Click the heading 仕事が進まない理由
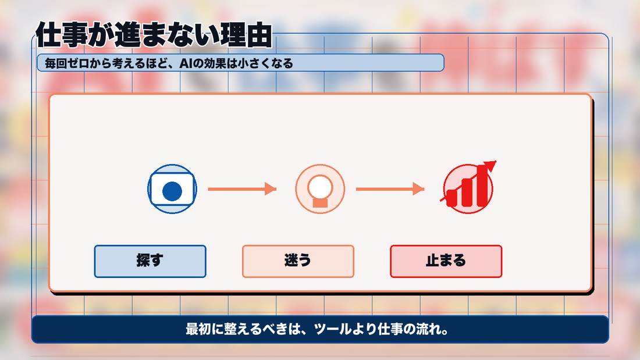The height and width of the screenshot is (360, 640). [x=154, y=35]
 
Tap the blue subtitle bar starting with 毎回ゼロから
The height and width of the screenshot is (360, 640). [x=240, y=63]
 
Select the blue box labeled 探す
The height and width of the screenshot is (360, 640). [x=150, y=261]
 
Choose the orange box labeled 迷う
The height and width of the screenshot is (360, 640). [x=298, y=261]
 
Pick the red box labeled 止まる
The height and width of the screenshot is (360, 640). [x=446, y=261]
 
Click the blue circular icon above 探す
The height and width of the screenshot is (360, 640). [x=172, y=189]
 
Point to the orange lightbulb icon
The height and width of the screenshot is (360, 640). [x=321, y=189]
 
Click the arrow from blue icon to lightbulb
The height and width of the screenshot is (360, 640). [x=242, y=189]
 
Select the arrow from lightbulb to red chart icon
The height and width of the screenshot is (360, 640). [x=390, y=189]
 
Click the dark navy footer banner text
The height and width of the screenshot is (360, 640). [x=317, y=329]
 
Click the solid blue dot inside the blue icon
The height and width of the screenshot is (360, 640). [x=172, y=191]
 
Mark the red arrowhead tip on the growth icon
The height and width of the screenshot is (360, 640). [x=496, y=161]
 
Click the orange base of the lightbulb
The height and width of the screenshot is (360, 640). [x=321, y=202]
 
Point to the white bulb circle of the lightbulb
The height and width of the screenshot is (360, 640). [x=321, y=187]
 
